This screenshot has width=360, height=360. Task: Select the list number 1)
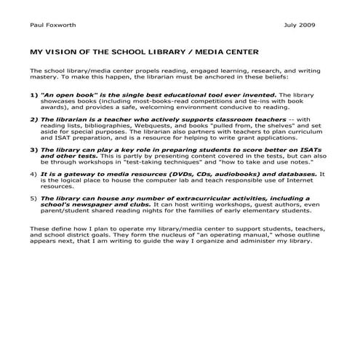click(34, 95)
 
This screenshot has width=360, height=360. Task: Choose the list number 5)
click(34, 198)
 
